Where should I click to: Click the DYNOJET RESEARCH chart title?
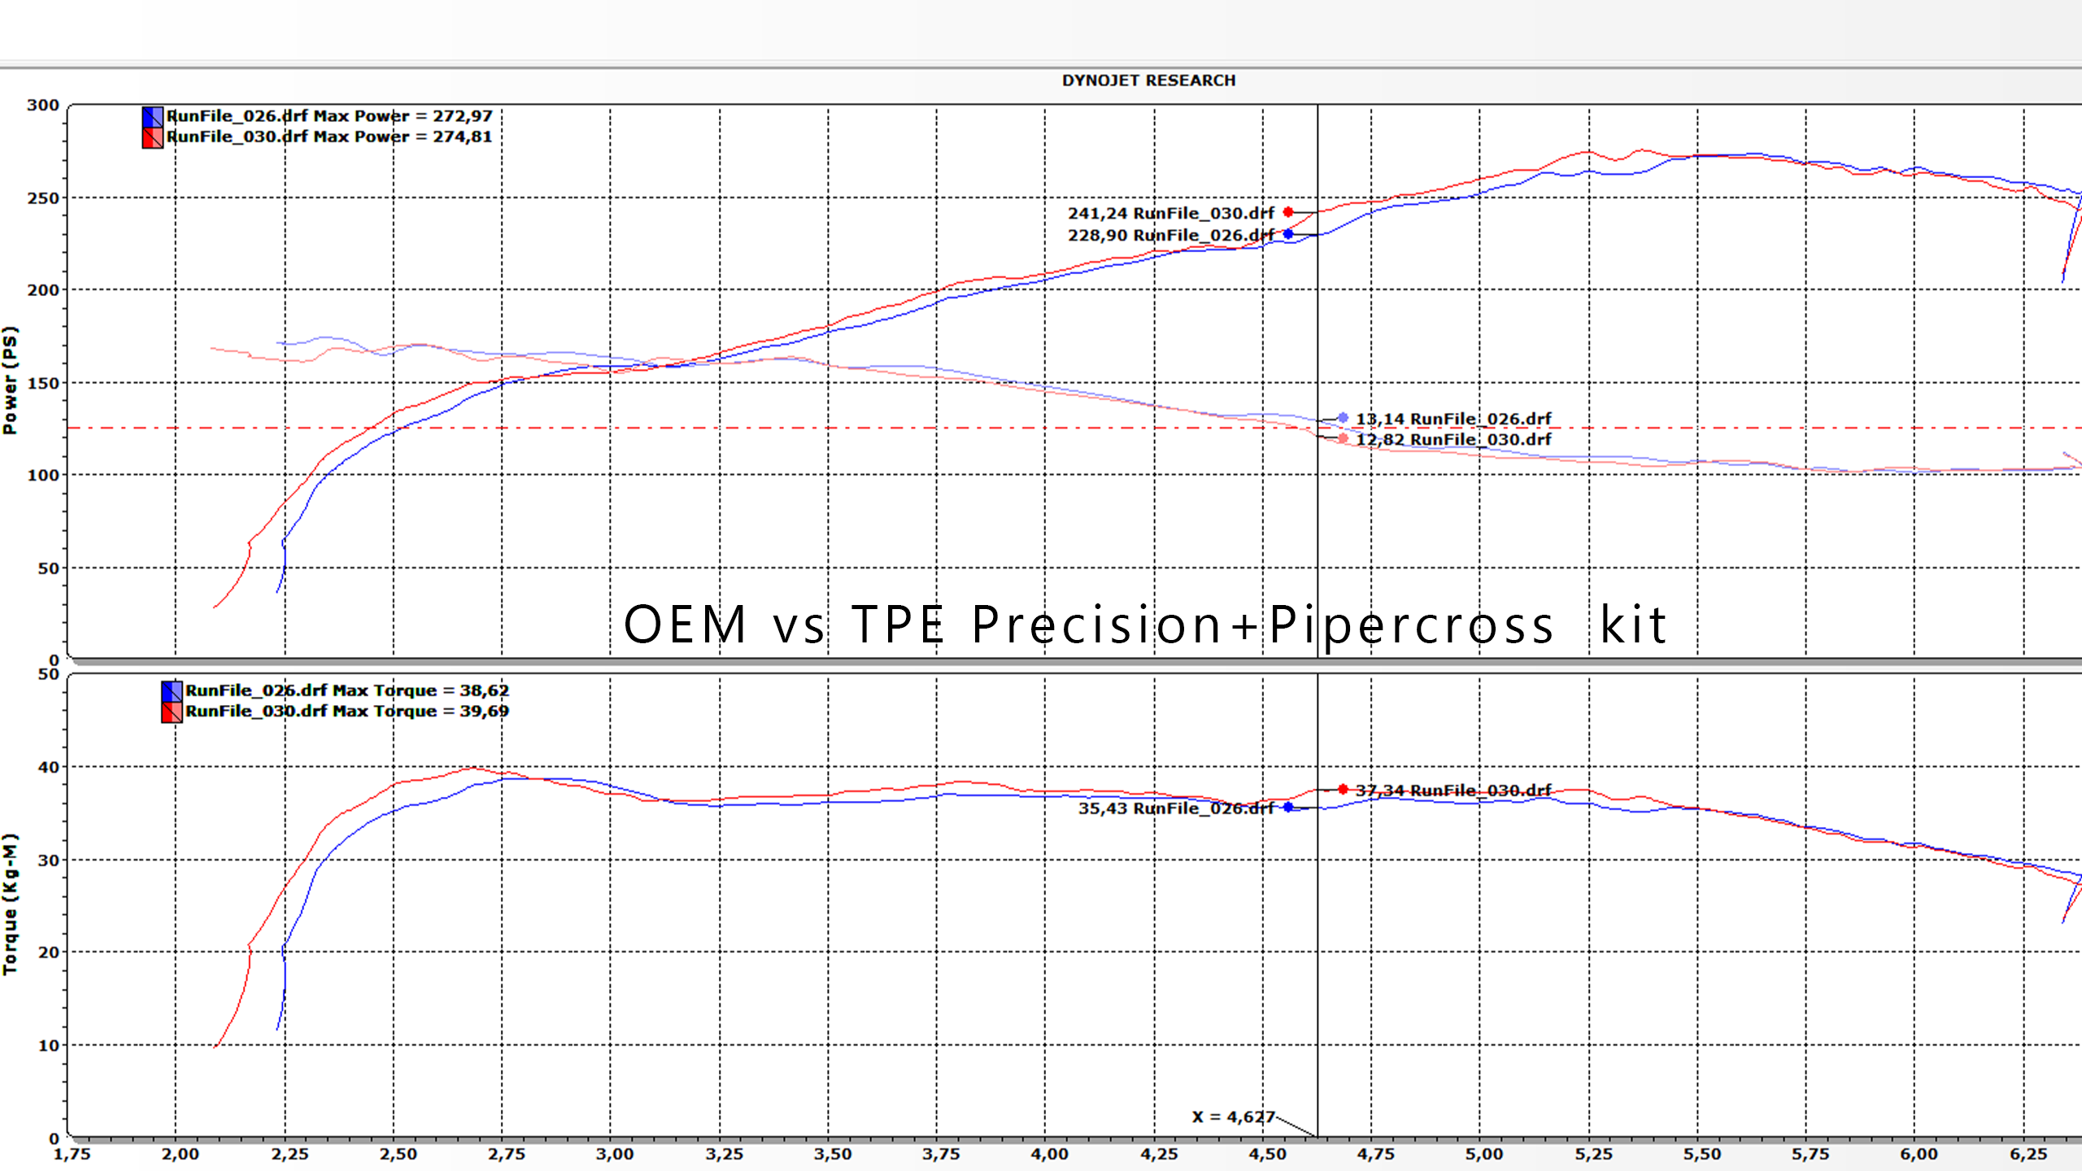coord(1148,81)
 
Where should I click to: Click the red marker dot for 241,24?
coord(1288,212)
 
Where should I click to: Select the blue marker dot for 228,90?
coord(1288,234)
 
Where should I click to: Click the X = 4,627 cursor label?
coord(1233,1117)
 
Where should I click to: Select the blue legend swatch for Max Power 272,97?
coord(152,116)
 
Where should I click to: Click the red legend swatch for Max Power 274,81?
coord(152,137)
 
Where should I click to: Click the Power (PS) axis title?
coord(10,381)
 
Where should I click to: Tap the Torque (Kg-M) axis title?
coord(10,903)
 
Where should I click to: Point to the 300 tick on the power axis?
coord(43,105)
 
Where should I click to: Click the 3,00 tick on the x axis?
coord(614,1154)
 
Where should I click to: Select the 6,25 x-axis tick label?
coord(2028,1154)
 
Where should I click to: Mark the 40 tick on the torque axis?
coord(49,767)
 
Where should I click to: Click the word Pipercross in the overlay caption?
coord(1411,625)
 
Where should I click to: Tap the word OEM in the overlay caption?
coord(686,625)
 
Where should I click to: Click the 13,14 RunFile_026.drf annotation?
coord(1453,419)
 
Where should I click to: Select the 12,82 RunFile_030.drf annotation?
coord(1453,439)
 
